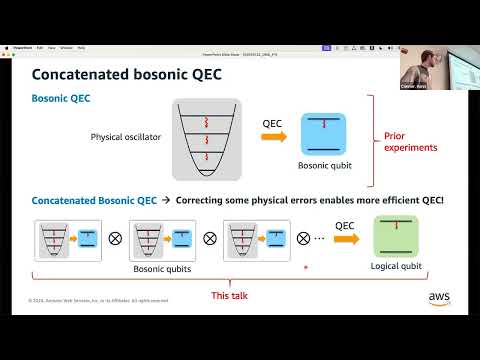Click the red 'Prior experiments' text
click(x=410, y=139)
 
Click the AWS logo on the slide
click(x=439, y=298)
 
